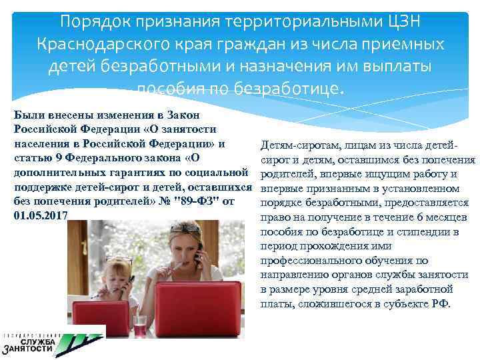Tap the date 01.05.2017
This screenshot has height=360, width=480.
coord(40,215)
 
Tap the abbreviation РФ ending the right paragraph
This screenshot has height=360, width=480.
coord(441,304)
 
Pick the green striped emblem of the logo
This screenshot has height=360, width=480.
coord(77,342)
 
